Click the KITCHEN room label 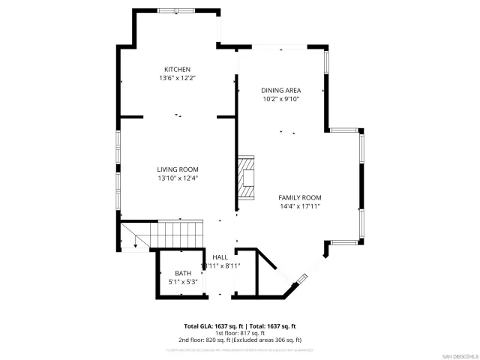point(178,69)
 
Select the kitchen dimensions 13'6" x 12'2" point(178,78)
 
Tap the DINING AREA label point(280,89)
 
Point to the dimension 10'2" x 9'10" point(280,98)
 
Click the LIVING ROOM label point(178,169)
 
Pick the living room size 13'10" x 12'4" point(178,178)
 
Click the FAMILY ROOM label point(300,197)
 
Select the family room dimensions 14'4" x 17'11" point(300,206)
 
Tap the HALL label point(220,257)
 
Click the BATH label point(183,273)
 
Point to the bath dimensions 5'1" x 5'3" point(183,282)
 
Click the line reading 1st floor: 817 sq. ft point(240,333)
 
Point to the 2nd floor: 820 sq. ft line point(240,340)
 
